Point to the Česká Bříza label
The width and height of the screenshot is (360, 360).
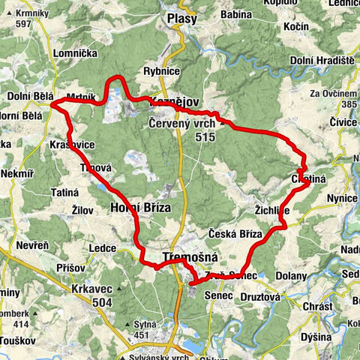(x=235, y=234)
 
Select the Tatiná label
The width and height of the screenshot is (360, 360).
(x=64, y=193)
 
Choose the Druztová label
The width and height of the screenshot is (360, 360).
(x=259, y=297)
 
